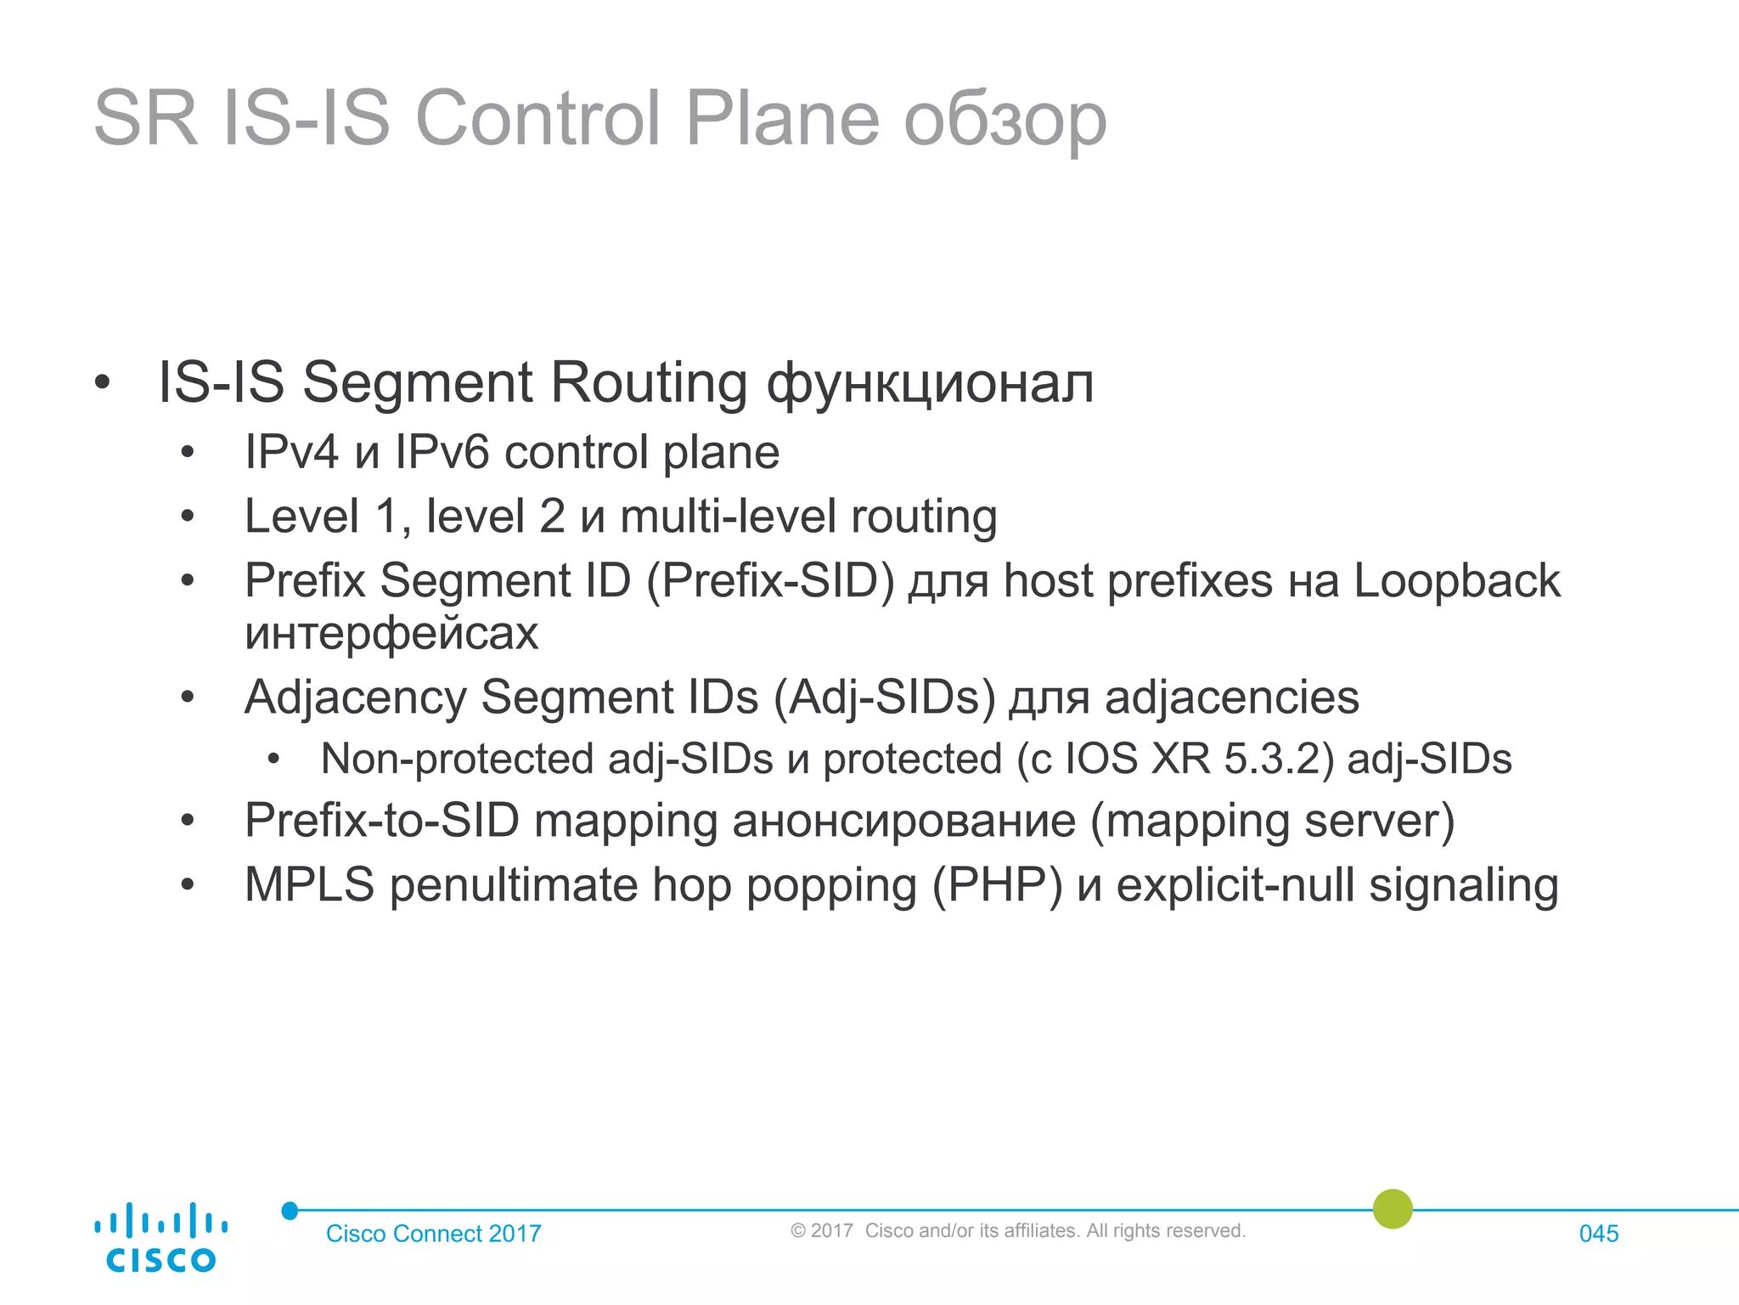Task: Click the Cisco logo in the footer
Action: click(x=160, y=1238)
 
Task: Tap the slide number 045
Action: click(x=1598, y=1234)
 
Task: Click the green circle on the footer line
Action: click(x=1393, y=1209)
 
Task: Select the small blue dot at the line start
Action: click(x=290, y=1211)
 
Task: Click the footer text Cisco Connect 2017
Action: click(x=433, y=1234)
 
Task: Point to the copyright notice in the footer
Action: click(x=1017, y=1230)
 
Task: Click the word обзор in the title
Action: click(x=1005, y=119)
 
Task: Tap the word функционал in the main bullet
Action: click(x=930, y=383)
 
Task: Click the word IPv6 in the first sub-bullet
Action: click(x=442, y=452)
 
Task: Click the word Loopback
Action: click(x=1456, y=581)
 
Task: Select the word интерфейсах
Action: click(x=391, y=633)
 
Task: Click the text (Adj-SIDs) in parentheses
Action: click(x=884, y=698)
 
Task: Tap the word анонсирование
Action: click(x=903, y=821)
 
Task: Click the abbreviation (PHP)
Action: click(x=997, y=885)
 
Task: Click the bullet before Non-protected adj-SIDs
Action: click(x=273, y=759)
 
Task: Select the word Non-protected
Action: click(x=457, y=759)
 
